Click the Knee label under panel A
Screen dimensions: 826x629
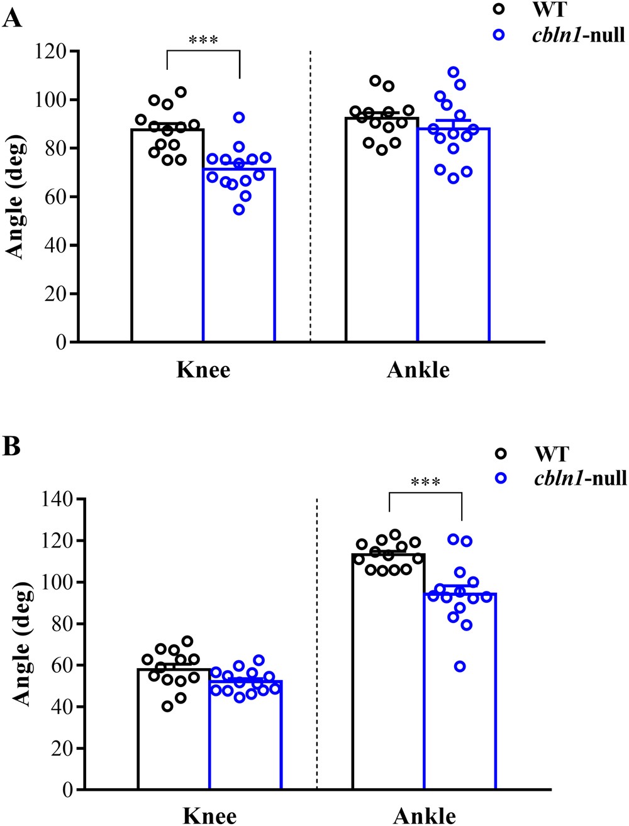point(203,370)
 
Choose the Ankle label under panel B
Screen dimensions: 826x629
point(424,815)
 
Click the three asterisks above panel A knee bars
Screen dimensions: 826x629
point(203,41)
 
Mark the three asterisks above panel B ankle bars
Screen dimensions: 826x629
point(425,483)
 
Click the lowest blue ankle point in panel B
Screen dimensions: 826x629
point(460,666)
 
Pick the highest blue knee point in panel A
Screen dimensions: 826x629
point(239,118)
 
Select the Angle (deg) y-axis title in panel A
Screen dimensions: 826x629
point(16,197)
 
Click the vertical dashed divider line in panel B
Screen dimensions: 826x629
point(316,641)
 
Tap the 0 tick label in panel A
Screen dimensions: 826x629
point(61,342)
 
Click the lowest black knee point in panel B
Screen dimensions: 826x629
point(167,707)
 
